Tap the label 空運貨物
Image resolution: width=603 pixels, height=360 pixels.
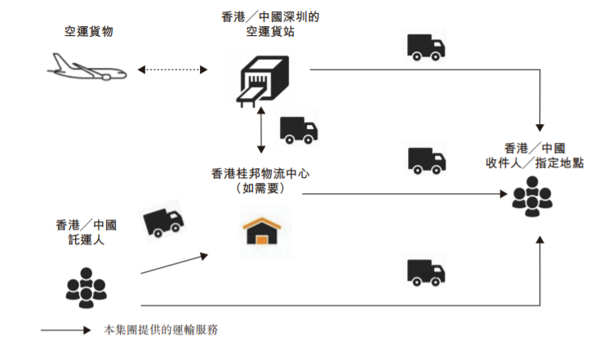89,32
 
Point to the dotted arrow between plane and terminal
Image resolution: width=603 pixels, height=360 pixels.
174,69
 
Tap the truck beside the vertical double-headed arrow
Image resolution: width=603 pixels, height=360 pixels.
299,129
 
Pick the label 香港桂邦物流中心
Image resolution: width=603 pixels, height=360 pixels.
259,173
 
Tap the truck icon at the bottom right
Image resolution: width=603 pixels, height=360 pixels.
426,272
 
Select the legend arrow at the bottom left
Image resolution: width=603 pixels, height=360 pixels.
64,331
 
